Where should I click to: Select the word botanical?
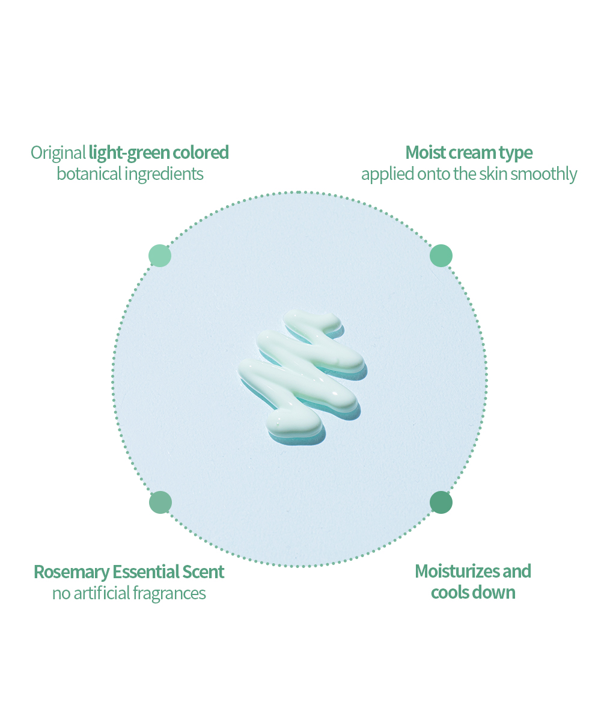89,174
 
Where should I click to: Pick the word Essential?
146,572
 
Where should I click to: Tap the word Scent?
203,572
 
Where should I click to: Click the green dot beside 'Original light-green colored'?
160,255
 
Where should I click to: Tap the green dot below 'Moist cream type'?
441,255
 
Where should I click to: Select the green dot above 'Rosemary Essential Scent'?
160,502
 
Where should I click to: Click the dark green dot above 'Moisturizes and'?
441,502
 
